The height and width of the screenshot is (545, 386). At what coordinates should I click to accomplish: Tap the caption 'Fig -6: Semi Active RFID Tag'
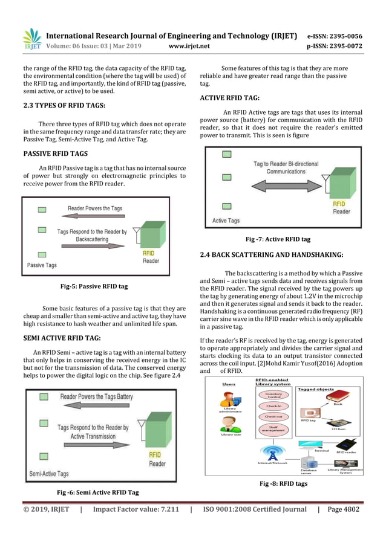pyautogui.click(x=97, y=492)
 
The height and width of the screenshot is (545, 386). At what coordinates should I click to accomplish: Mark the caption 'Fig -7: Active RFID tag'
pyautogui.click(x=278, y=239)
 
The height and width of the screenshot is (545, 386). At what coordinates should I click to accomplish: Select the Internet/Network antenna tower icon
pyautogui.click(x=272, y=452)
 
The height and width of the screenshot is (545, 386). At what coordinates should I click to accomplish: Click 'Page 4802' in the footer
pyautogui.click(x=342, y=509)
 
